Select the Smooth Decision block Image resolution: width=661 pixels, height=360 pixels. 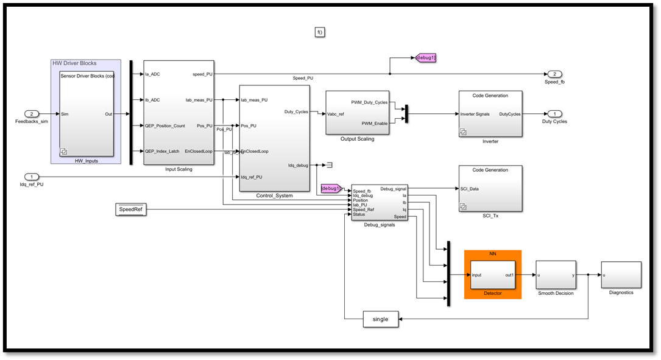pos(555,275)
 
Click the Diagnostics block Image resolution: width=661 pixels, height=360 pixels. pos(621,275)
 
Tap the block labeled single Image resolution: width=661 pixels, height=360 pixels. pos(380,319)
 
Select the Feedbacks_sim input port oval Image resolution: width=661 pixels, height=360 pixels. pos(32,114)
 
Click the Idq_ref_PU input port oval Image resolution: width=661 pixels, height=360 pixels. pos(32,177)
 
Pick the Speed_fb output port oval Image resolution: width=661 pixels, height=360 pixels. pos(554,74)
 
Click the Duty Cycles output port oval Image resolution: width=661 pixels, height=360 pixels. pos(554,114)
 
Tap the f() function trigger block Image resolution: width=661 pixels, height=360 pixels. pos(320,32)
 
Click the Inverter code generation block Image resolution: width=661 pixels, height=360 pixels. pos(490,114)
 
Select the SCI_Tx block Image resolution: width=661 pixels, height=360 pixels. pos(490,188)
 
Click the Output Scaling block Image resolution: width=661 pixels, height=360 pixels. pos(357,113)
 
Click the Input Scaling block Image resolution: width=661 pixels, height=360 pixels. pos(179,113)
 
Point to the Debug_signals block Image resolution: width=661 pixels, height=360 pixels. pos(379,202)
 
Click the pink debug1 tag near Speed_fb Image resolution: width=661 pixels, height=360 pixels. pos(426,58)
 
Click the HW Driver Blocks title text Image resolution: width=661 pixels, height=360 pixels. pos(74,63)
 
